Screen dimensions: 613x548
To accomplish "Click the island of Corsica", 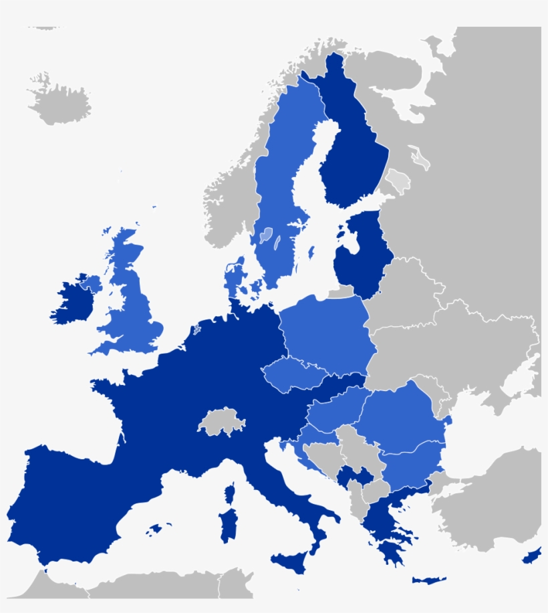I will click(230, 495).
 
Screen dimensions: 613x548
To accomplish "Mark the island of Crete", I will click(428, 580).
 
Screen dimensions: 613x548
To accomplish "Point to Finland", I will click(354, 154).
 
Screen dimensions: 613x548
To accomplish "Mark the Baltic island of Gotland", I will click(311, 253).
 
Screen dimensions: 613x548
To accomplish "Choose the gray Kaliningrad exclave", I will click(341, 292).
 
